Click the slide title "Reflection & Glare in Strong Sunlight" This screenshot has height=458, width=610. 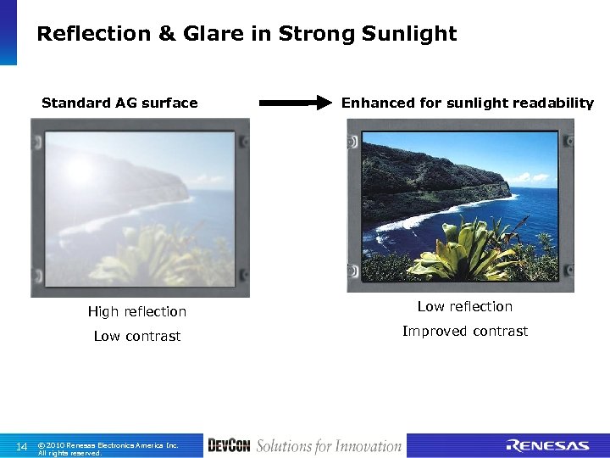[247, 34]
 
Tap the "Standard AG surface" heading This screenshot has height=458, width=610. [119, 103]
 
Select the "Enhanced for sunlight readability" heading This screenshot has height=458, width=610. [467, 103]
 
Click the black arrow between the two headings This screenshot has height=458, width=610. [294, 103]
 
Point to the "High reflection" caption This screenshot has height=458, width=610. [137, 312]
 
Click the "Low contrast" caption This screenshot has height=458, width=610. [137, 337]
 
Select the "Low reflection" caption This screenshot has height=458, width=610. [464, 307]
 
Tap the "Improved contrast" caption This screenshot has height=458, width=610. [464, 332]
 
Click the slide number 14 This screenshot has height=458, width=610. [22, 446]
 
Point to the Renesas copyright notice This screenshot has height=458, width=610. [108, 448]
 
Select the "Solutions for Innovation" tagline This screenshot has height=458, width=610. [329, 446]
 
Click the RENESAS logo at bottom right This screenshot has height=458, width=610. [546, 446]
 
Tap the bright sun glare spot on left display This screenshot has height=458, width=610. [80, 170]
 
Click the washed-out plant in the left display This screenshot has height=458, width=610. [148, 254]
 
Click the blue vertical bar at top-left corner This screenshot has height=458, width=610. [8, 32]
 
